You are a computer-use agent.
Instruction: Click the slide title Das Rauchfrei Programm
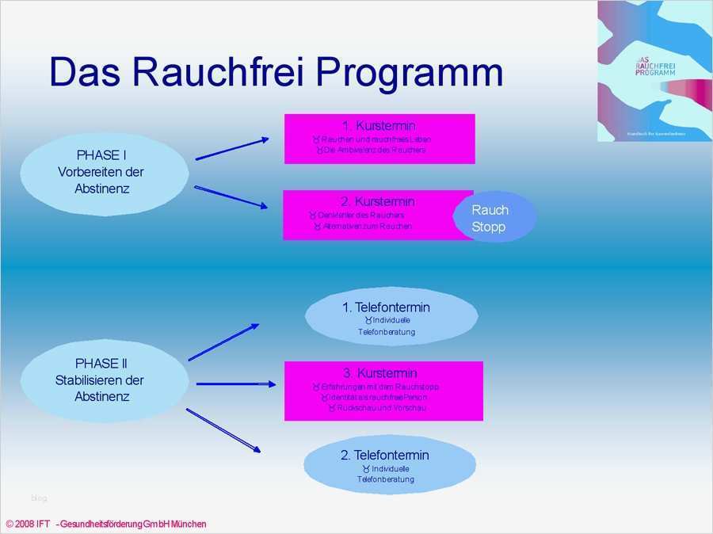pyautogui.click(x=276, y=73)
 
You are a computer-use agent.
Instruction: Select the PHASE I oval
pyautogui.click(x=103, y=172)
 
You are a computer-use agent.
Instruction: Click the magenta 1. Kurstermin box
pyautogui.click(x=379, y=139)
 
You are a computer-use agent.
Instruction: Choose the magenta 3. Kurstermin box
pyautogui.click(x=383, y=391)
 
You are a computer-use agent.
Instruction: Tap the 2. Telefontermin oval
pyautogui.click(x=389, y=466)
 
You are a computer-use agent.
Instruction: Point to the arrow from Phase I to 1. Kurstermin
pyautogui.click(x=232, y=149)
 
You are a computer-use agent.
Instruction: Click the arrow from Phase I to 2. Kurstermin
pyautogui.click(x=231, y=196)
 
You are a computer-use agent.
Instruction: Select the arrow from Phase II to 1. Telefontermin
pyautogui.click(x=223, y=342)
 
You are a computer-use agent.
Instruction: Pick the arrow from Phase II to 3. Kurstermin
pyautogui.click(x=235, y=384)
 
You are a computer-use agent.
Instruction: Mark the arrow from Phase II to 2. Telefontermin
pyautogui.click(x=223, y=430)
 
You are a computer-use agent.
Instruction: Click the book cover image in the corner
pyautogui.click(x=654, y=71)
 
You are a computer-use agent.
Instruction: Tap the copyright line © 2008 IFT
pyautogui.click(x=106, y=524)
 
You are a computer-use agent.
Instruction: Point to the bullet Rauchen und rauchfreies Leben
pyautogui.click(x=376, y=139)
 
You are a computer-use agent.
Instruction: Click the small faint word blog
pyautogui.click(x=39, y=498)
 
